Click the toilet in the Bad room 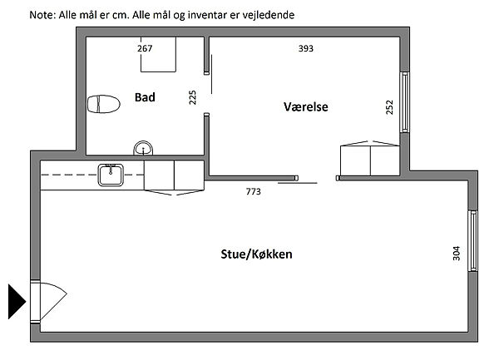tap(104, 104)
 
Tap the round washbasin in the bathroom tap(143, 148)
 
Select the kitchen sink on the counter tap(111, 175)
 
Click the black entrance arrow tap(17, 302)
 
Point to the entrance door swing tap(52, 301)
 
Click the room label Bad tap(145, 97)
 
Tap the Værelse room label tap(306, 107)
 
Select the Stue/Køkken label tap(256, 254)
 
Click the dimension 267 tap(145, 48)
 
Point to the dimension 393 tap(306, 48)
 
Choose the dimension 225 tap(193, 97)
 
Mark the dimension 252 tap(389, 107)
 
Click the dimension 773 tap(254, 191)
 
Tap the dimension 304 tap(457, 253)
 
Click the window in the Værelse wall tap(404, 102)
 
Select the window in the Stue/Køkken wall tap(473, 241)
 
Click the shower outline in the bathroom tap(159, 54)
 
